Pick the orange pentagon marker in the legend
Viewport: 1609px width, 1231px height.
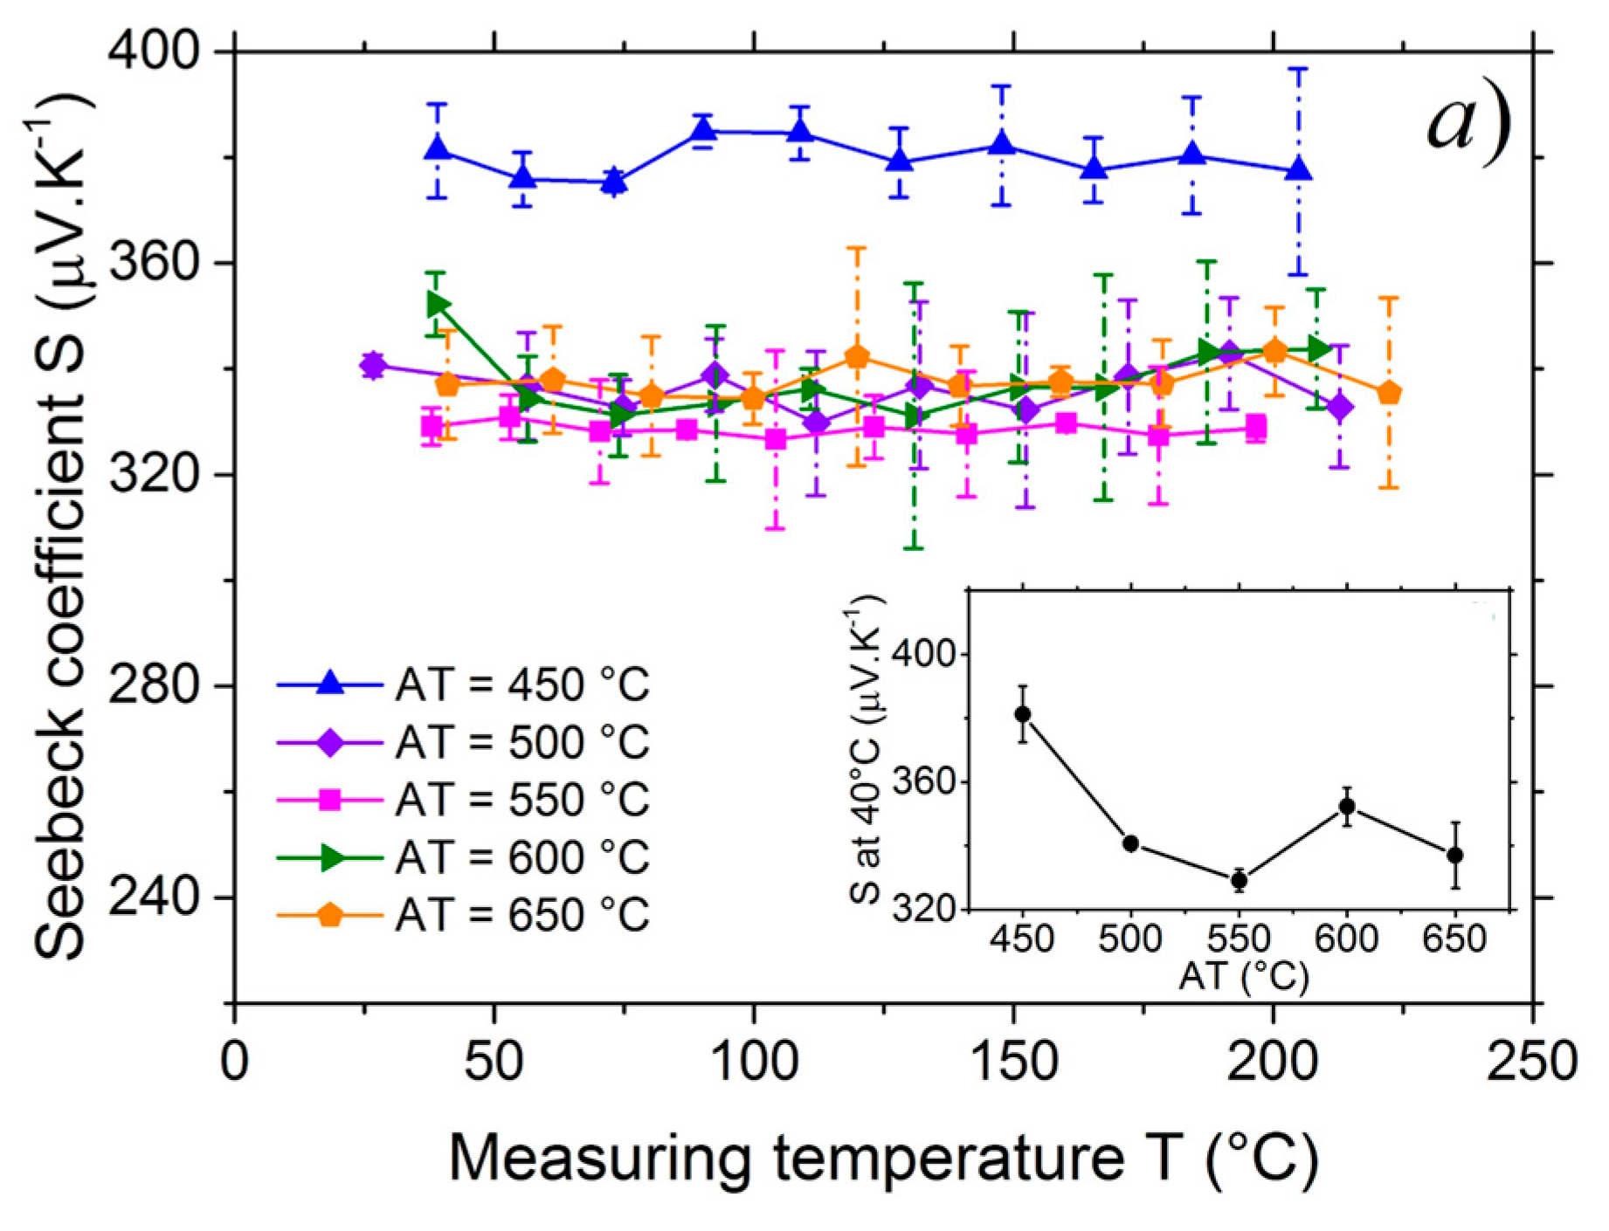point(329,916)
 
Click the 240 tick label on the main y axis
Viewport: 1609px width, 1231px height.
point(154,897)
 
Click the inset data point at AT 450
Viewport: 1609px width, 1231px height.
point(1023,714)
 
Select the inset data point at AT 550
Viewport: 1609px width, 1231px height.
point(1239,880)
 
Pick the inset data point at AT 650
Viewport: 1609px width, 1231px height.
point(1454,856)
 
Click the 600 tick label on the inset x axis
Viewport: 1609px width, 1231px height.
point(1346,939)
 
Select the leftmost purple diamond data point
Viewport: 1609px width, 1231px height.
point(373,365)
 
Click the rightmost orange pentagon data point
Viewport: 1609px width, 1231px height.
point(1389,394)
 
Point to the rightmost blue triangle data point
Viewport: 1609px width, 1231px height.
point(1299,169)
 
